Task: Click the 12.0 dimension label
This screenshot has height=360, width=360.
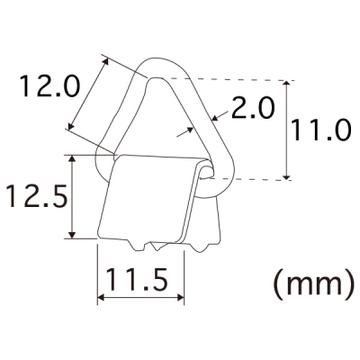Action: pos(50,86)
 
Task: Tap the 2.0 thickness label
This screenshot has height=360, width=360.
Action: pos(253,108)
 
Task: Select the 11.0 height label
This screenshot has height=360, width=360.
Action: pos(320,130)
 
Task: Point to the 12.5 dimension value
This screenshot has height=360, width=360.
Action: pos(37,196)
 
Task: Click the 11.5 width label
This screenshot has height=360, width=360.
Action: pos(137,280)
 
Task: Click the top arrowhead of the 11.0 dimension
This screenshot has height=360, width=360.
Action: pos(287,84)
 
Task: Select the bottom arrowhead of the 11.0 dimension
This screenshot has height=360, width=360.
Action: pos(287,176)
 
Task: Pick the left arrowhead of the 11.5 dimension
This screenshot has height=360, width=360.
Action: pos(101,298)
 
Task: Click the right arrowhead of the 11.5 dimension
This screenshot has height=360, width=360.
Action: pos(181,298)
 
